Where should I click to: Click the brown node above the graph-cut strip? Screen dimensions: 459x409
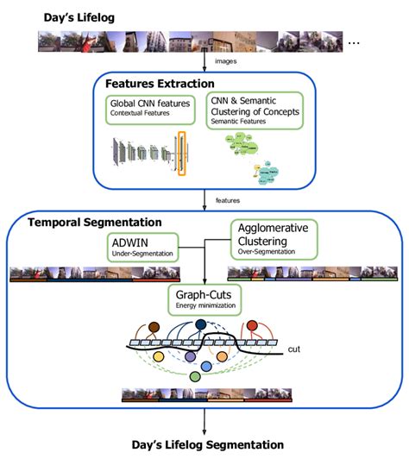[x=155, y=328]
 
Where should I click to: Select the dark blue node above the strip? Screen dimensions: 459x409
[x=201, y=324]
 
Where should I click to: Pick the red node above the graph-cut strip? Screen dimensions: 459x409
[x=259, y=329]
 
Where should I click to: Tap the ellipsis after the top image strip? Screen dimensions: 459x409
[x=353, y=41]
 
